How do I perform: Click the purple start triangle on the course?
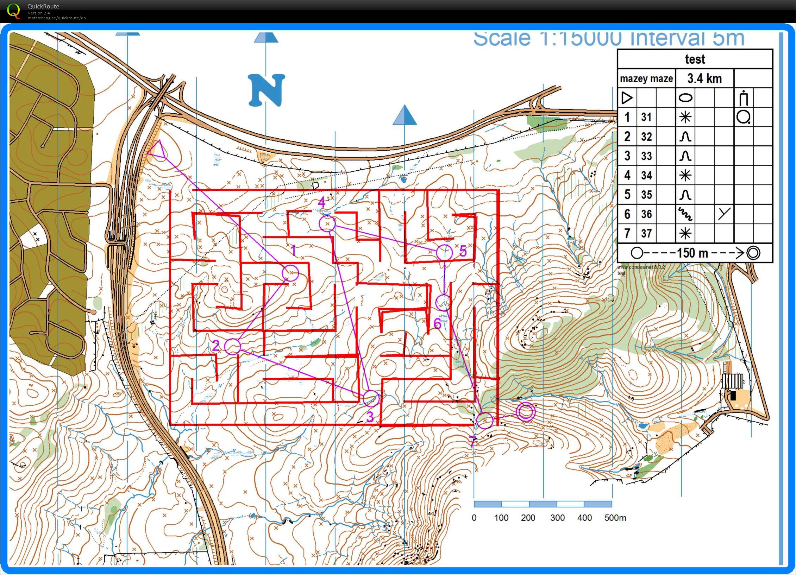(157, 151)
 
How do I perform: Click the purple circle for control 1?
(290, 273)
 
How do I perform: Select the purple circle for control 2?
(232, 347)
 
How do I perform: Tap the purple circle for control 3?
(371, 399)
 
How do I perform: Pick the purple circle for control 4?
(327, 223)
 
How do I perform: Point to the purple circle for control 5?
(444, 252)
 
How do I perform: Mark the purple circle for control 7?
(485, 420)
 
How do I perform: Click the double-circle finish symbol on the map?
(526, 412)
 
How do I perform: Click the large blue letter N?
(267, 90)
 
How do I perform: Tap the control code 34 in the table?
(646, 175)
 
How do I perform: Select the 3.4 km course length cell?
(704, 78)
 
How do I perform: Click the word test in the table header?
(695, 59)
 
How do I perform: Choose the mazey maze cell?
(646, 78)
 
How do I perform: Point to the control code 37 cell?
(646, 233)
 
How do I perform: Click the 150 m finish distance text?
(692, 253)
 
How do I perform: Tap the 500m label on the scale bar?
(615, 518)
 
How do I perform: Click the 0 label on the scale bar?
(474, 518)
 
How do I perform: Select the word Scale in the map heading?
(502, 39)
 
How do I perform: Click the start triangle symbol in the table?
(627, 98)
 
